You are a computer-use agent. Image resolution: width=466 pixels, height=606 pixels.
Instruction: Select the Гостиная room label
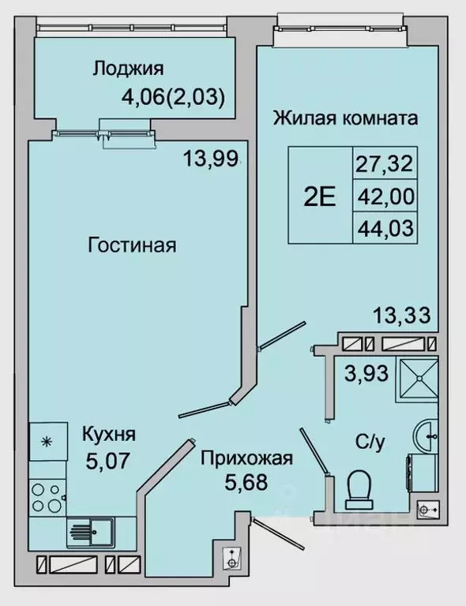131,245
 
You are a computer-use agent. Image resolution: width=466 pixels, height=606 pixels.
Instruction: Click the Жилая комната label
344,119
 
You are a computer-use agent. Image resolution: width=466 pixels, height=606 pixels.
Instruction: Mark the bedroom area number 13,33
401,317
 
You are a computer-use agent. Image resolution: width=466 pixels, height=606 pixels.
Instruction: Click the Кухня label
109,433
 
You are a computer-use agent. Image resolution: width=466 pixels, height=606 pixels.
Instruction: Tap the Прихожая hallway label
246,458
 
